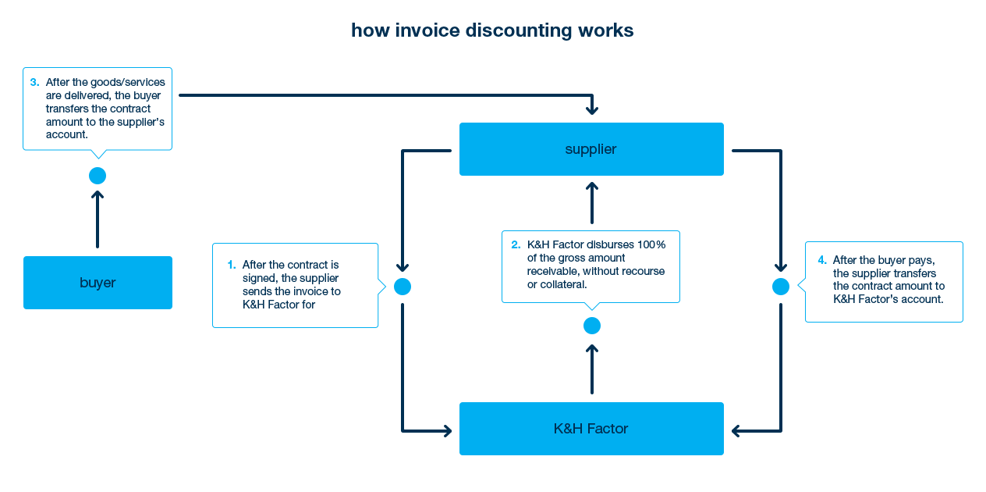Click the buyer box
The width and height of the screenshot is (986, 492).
pos(98,282)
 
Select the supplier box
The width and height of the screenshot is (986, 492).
pos(591,148)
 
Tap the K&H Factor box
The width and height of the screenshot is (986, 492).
pos(591,428)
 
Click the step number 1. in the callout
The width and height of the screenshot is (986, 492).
pos(232,265)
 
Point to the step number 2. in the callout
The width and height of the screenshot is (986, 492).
pos(516,244)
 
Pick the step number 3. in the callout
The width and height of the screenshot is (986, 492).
pos(34,82)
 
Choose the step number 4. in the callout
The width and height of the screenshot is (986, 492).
pos(822,259)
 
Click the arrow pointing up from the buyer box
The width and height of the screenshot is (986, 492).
pos(97,219)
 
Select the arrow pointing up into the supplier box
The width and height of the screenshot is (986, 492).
pos(591,204)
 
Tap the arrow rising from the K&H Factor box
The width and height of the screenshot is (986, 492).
pos(591,370)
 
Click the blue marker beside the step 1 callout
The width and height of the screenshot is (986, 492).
pos(403,287)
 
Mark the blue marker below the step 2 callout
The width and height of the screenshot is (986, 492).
pos(592,326)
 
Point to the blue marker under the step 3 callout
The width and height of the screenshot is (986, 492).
pos(96,176)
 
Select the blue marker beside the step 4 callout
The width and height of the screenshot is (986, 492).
pos(780,287)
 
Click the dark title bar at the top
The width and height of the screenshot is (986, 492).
pos(492,31)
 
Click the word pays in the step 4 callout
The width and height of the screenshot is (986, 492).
pos(922,259)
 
